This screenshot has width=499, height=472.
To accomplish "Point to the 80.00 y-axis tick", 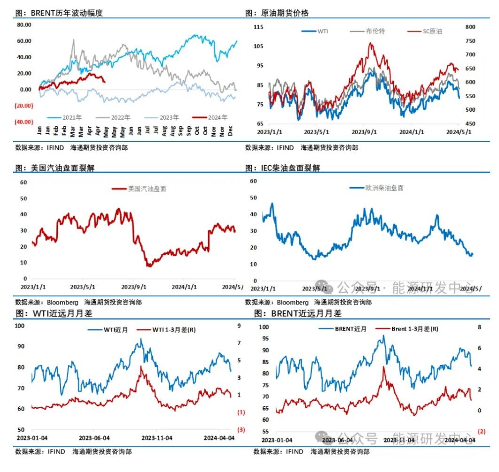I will pos(24,25).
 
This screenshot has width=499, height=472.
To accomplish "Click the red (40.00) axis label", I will pos(24,122).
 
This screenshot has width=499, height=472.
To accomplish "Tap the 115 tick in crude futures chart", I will pos(258,27).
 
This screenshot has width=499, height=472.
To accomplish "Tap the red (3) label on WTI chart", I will pos(242,429).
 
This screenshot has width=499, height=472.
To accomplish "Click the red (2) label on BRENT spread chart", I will pos(481,431).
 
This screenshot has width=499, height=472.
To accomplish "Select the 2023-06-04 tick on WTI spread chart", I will pos(94,438).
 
